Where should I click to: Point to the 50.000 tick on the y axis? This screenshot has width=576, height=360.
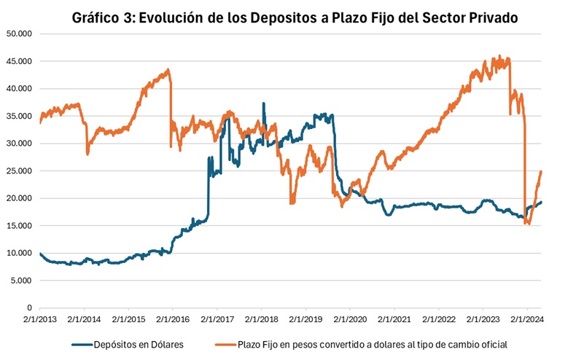click(20, 34)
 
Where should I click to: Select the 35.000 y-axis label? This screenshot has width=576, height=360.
click(20, 116)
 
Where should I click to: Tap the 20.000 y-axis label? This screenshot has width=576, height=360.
click(20, 198)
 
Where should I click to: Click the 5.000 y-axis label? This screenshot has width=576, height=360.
click(22, 281)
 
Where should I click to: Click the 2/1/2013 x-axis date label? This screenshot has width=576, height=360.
click(39, 318)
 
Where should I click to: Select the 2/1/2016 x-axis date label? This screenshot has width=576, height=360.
click(172, 318)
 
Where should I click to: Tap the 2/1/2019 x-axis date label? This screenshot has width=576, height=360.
click(305, 318)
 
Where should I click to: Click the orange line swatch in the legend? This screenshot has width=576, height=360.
click(227, 344)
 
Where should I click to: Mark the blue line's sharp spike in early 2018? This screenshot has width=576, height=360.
click(263, 103)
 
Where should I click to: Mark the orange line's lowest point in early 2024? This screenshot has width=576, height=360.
click(527, 224)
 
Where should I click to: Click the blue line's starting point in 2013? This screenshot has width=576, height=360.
click(40, 254)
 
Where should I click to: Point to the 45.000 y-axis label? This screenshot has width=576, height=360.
click(20, 61)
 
